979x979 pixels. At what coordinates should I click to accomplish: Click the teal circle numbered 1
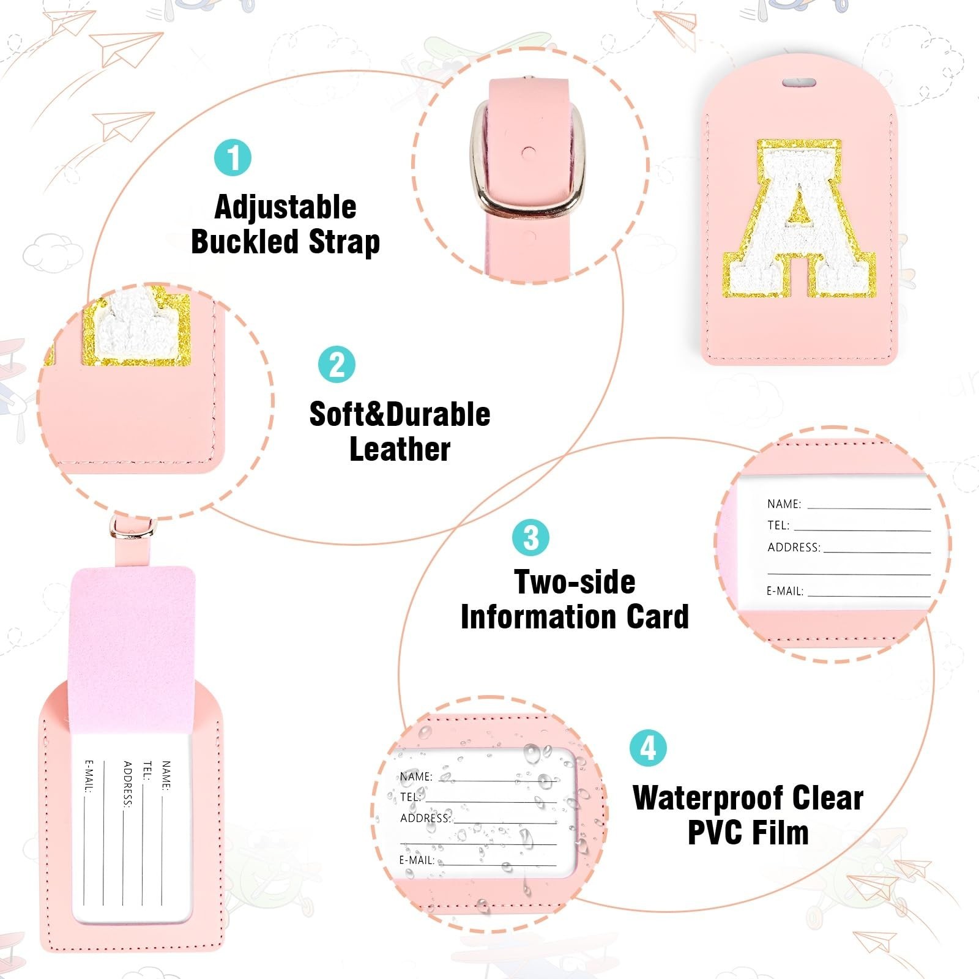(x=233, y=157)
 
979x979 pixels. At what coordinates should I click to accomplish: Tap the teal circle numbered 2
(x=337, y=365)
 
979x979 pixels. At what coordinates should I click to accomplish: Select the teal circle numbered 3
(x=530, y=538)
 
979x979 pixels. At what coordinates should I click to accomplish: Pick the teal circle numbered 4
(x=648, y=747)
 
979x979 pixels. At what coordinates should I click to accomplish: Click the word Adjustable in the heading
(x=285, y=207)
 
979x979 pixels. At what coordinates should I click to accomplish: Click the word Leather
(x=400, y=449)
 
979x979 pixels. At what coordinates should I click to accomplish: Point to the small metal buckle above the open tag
(x=132, y=527)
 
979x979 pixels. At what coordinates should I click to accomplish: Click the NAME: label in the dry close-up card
(x=784, y=504)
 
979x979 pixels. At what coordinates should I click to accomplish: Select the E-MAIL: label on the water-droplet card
(x=417, y=860)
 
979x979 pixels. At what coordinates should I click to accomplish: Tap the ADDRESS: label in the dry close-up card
(x=794, y=547)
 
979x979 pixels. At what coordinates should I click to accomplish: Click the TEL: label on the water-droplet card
(x=411, y=797)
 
